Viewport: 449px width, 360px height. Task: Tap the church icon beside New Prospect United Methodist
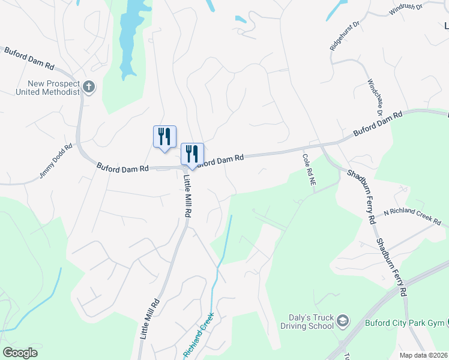click(89, 87)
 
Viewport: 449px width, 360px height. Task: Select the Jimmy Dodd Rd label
click(56, 160)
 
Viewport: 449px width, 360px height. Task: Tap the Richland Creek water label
click(199, 338)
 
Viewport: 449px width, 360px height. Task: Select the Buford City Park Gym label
click(405, 323)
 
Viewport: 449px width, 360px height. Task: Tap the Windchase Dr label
click(375, 97)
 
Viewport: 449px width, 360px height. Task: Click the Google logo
click(20, 353)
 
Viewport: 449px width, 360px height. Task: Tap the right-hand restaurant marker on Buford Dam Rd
click(192, 155)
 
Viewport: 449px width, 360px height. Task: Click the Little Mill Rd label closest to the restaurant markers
click(187, 196)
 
